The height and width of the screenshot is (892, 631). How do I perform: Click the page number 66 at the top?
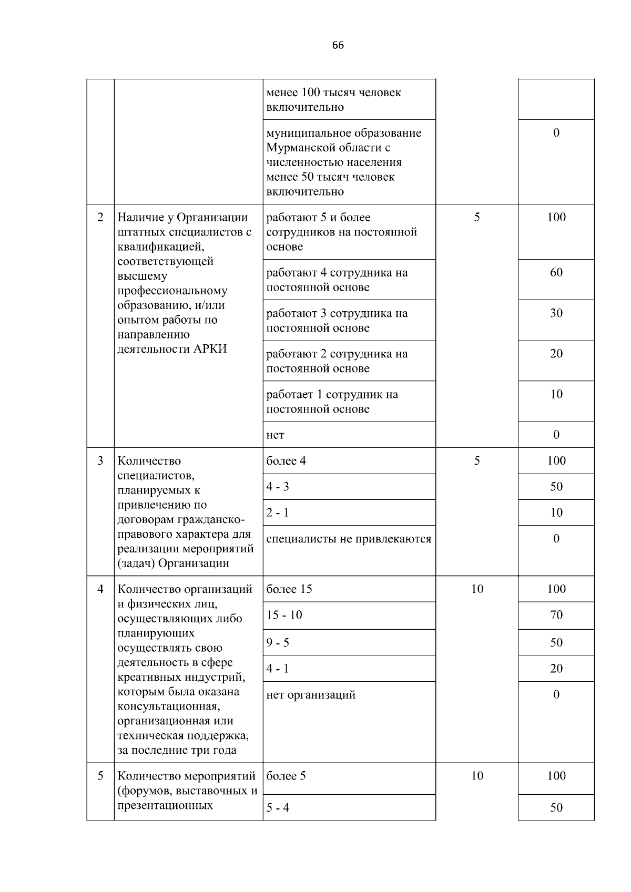(338, 45)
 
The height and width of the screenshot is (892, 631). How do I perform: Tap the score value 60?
(556, 272)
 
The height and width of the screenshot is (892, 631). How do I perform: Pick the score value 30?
(556, 313)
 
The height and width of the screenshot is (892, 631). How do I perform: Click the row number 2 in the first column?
(100, 218)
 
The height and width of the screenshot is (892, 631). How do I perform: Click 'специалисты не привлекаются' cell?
(349, 539)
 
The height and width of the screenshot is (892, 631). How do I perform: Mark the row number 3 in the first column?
(100, 461)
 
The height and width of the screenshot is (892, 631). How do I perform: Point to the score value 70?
(556, 615)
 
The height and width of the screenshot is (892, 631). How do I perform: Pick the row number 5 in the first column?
(100, 776)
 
